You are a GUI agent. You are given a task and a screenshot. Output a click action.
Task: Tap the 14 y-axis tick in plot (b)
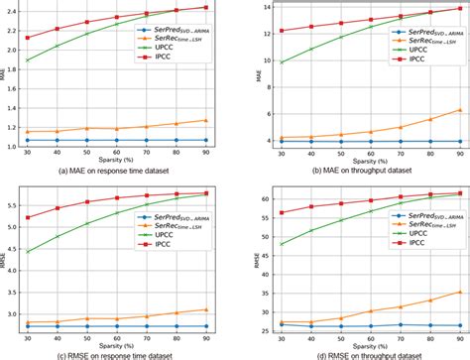257,7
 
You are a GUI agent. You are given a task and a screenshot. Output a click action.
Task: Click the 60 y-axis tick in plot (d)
257,198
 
